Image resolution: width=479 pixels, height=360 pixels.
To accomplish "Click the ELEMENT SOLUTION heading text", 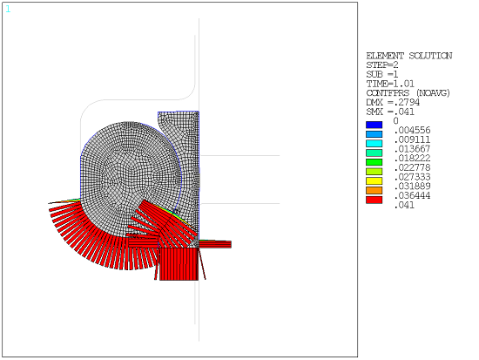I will pos(408,56).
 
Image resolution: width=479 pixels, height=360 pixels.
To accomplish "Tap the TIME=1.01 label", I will pos(389,84).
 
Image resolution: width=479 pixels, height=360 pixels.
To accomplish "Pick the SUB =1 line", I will pos(382,74).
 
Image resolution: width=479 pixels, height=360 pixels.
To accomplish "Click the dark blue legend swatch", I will pos(374,125).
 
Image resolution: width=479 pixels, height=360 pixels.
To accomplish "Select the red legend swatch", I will pos(374,200).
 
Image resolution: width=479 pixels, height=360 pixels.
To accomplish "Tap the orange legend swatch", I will pos(374,190).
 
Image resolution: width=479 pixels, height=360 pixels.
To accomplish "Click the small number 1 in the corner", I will pos(9,9).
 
